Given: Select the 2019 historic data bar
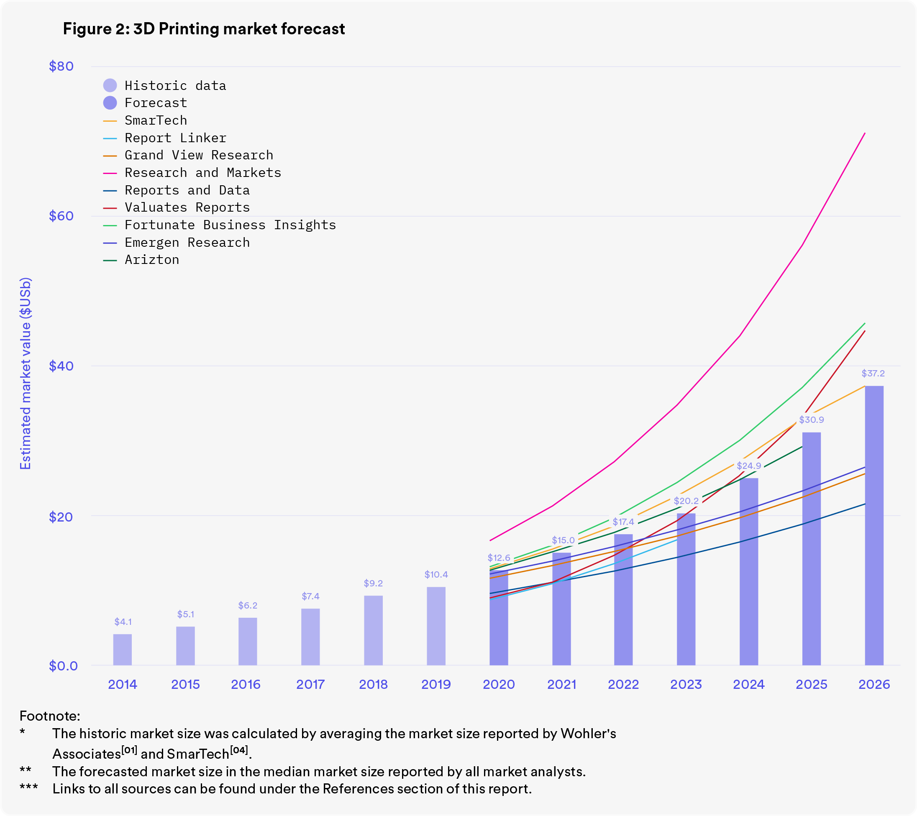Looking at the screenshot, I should click(435, 626).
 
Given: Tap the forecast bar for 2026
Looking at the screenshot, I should click(873, 525).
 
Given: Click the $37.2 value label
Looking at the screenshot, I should click(873, 373).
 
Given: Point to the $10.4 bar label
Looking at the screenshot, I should click(435, 574).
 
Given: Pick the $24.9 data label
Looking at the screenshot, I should click(748, 466).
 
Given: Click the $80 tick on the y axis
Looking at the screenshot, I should click(61, 67).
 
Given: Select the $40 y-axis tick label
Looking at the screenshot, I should click(61, 366).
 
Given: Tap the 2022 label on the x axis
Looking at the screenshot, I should click(623, 684).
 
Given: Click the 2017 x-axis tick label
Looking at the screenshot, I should click(310, 684).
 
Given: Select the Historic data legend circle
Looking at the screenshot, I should click(110, 85).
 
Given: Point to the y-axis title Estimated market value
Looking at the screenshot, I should click(26, 373).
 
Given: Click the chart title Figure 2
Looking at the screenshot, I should click(204, 29).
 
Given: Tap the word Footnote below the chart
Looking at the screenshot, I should click(50, 716).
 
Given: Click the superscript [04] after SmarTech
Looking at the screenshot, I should click(239, 750).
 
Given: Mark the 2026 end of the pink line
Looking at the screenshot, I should click(865, 133).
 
